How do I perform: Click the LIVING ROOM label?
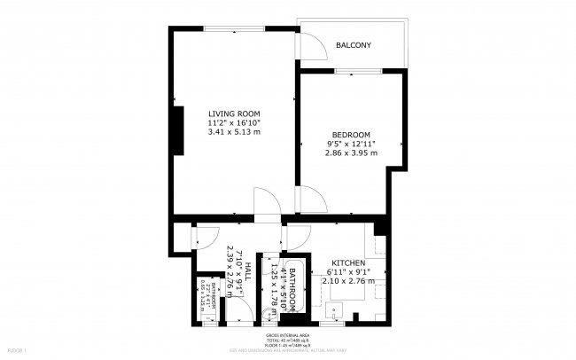coord(234,113)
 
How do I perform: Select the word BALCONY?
coord(353,45)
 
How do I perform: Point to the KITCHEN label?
coord(348,263)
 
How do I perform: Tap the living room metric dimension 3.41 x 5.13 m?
coord(234,132)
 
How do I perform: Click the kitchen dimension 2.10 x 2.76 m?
coord(348,281)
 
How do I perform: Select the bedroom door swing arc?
coord(311,200)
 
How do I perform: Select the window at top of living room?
coord(232,29)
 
